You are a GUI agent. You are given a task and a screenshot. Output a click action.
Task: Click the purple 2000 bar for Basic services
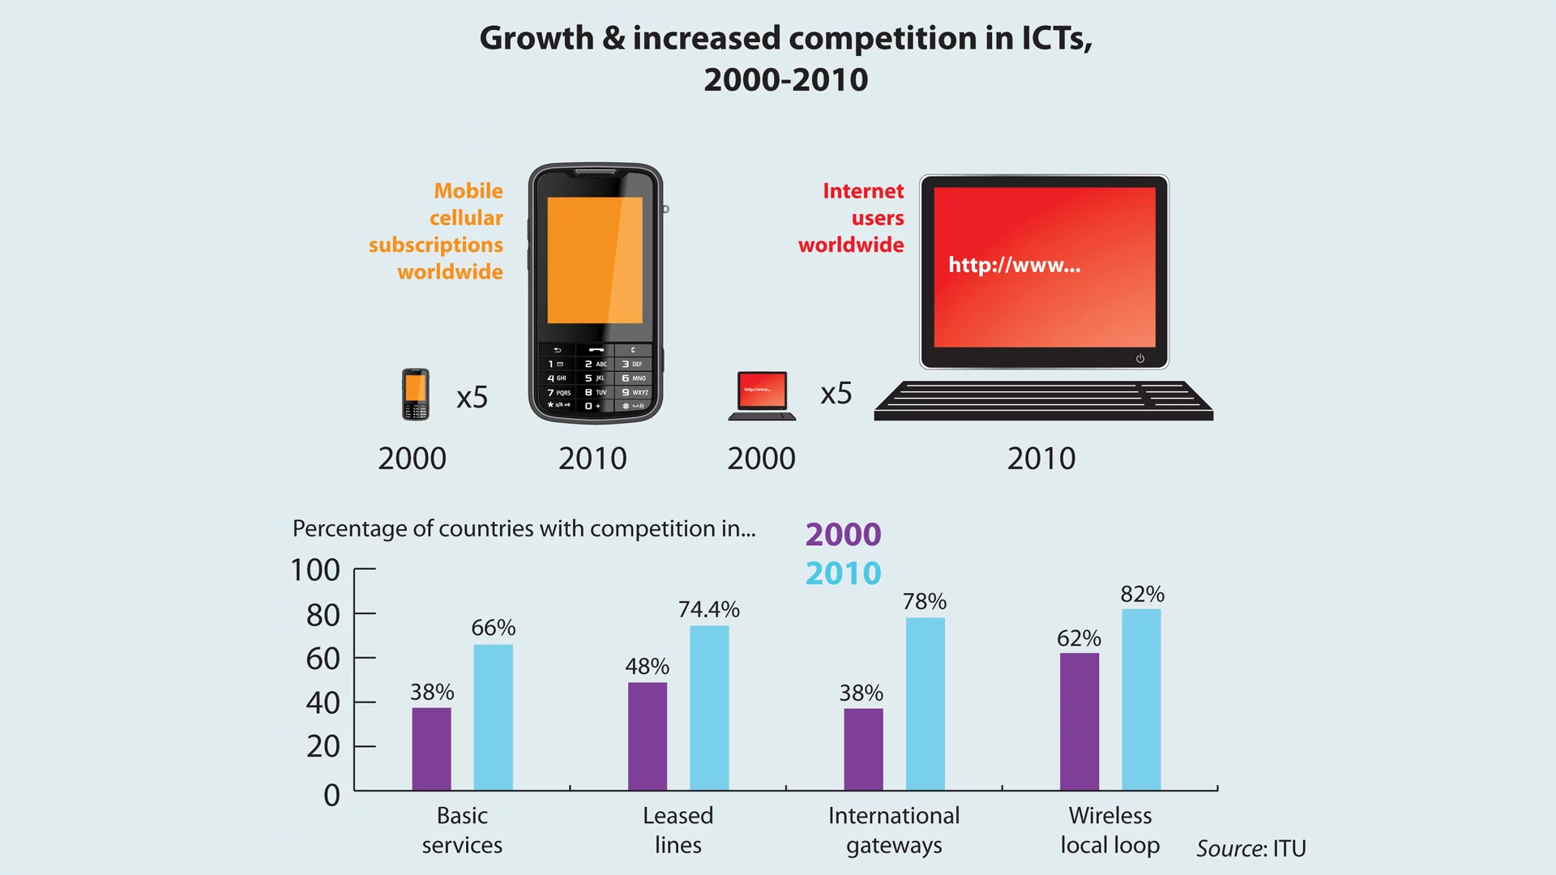[431, 749]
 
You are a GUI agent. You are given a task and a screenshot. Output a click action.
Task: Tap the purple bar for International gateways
[863, 749]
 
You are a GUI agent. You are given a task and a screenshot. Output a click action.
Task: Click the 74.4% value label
[709, 609]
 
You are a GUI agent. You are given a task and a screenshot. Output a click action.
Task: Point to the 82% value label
[1142, 594]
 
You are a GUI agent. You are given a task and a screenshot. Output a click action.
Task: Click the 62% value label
[1079, 638]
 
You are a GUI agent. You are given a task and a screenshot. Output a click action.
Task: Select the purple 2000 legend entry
[843, 535]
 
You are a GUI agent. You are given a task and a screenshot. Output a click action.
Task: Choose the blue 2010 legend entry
[843, 574]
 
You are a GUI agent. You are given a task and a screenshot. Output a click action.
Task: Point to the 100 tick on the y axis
[315, 570]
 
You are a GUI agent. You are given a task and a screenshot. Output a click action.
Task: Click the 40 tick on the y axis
[323, 702]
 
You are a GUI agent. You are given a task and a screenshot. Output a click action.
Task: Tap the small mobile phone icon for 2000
[416, 395]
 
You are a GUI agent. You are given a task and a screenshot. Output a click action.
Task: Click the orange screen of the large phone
[595, 260]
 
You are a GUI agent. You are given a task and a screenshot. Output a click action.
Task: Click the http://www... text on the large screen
[1014, 265]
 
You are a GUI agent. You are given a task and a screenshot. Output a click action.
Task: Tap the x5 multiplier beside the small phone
[472, 397]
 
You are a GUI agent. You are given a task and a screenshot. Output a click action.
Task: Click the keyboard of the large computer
[1043, 400]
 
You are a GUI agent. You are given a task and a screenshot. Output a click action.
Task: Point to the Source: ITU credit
[1251, 848]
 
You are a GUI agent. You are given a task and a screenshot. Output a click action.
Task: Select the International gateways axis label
[894, 830]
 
